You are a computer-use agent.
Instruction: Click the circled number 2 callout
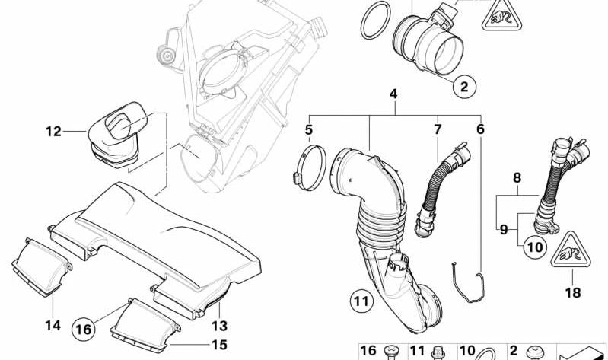(x=464, y=87)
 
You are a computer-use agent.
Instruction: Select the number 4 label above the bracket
(x=393, y=94)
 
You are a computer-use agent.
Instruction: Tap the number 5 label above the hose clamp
(x=309, y=130)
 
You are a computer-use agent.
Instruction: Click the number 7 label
(x=438, y=129)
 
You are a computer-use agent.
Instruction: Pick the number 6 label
(x=480, y=129)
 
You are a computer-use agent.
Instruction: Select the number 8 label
(x=517, y=178)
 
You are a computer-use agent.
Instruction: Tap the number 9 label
(x=504, y=230)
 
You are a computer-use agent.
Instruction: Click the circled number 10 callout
(x=535, y=247)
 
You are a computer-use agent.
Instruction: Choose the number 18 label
(x=573, y=292)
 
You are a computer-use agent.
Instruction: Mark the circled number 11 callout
(x=361, y=301)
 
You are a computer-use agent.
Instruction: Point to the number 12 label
(x=53, y=132)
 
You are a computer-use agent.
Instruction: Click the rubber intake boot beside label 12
(x=116, y=134)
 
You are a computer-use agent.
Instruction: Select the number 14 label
(x=53, y=325)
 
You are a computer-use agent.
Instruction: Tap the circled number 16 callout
(x=84, y=330)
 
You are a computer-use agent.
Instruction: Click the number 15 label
(x=219, y=345)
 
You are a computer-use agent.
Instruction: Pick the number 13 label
(x=219, y=326)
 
